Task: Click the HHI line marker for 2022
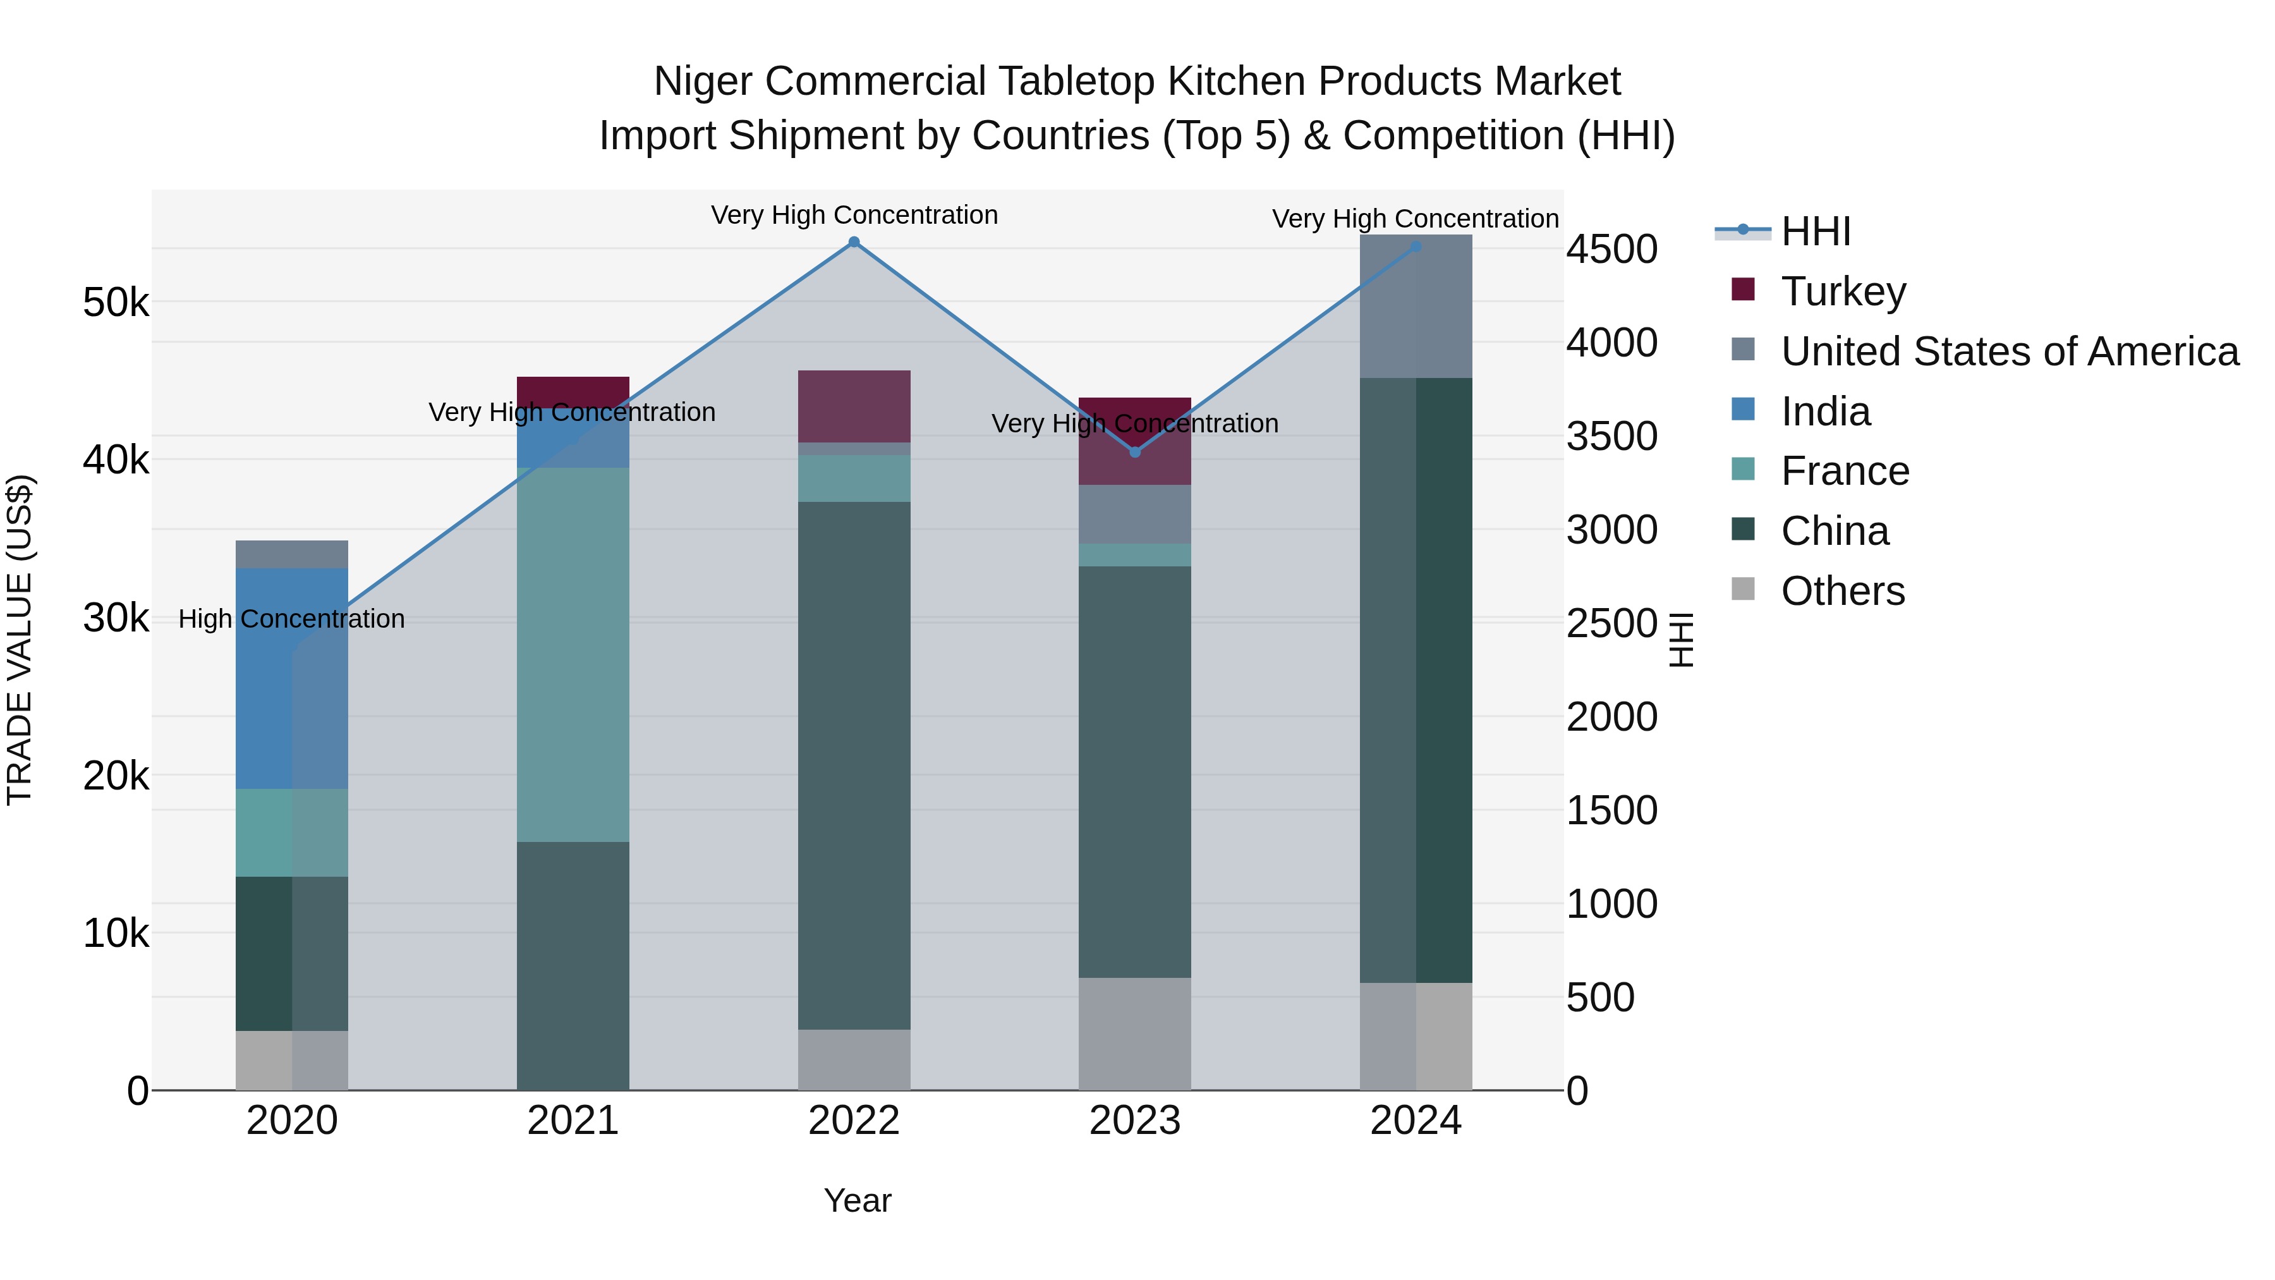(853, 242)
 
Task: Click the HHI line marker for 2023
(1135, 453)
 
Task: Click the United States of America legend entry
(2008, 351)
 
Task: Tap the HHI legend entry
(1815, 231)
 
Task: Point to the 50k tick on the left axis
(116, 303)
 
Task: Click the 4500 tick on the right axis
(1611, 249)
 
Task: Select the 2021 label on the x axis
(573, 1121)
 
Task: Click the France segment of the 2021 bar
(573, 654)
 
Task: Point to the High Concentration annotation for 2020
(291, 619)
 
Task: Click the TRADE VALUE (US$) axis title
(20, 640)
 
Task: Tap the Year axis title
(857, 1200)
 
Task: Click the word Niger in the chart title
(702, 82)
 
